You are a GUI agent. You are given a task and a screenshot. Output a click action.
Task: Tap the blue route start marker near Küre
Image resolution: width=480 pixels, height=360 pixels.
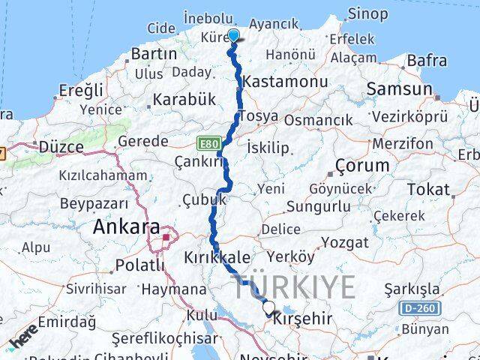tap(233, 35)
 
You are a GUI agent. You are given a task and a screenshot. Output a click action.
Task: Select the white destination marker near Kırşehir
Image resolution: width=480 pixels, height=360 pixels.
tap(268, 307)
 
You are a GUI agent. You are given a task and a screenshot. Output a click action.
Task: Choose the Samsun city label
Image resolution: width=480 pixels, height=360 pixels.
tap(400, 88)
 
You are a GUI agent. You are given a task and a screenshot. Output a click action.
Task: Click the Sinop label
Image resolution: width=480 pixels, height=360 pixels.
tap(367, 13)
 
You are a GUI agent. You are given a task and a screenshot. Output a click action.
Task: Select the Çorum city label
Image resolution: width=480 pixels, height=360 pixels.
tap(362, 165)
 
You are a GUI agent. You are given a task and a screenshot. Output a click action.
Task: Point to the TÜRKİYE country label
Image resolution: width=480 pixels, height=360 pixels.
tap(293, 287)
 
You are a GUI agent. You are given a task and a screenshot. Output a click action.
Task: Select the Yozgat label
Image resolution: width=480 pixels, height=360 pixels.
tap(345, 242)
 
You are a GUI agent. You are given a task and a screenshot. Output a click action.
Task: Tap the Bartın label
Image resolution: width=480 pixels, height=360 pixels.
tap(154, 54)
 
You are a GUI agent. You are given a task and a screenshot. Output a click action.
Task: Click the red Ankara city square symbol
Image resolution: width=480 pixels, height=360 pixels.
tap(166, 238)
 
